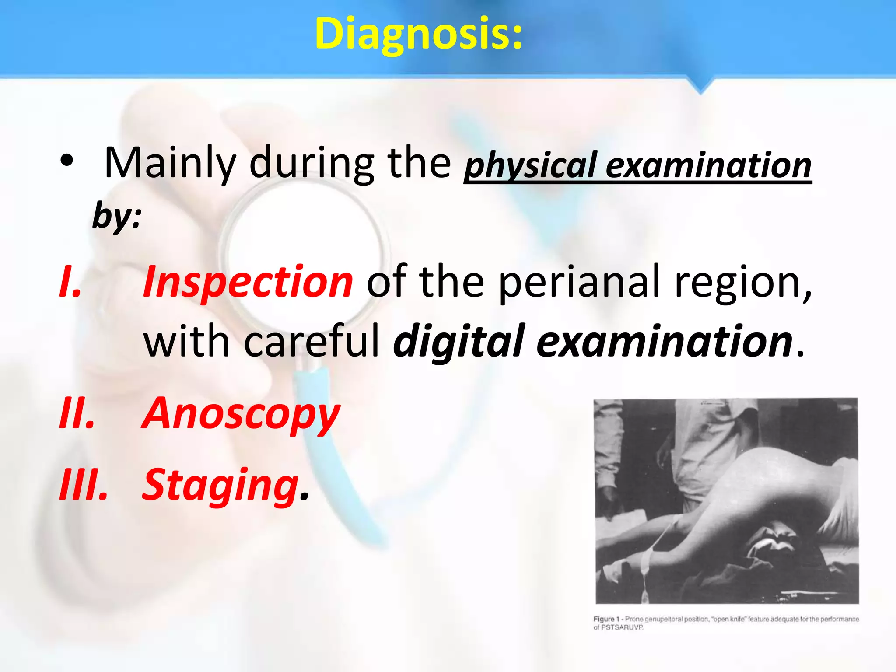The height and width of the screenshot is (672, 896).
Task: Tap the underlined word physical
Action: (x=531, y=165)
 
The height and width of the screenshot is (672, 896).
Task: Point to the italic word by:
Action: (x=117, y=215)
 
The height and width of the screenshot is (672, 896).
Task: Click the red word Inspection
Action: (x=248, y=282)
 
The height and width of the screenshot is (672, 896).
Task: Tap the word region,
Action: (x=743, y=283)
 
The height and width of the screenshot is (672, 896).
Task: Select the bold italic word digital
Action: (x=458, y=342)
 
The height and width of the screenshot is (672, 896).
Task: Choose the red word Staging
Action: (x=220, y=485)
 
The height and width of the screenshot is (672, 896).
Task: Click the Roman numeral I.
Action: (x=70, y=282)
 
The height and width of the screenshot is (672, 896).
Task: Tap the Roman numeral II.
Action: (x=77, y=413)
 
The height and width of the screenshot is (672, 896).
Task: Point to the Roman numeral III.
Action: (x=83, y=485)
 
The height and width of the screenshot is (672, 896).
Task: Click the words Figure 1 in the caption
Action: (x=606, y=619)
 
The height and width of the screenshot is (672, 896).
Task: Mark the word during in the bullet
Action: (x=311, y=164)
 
